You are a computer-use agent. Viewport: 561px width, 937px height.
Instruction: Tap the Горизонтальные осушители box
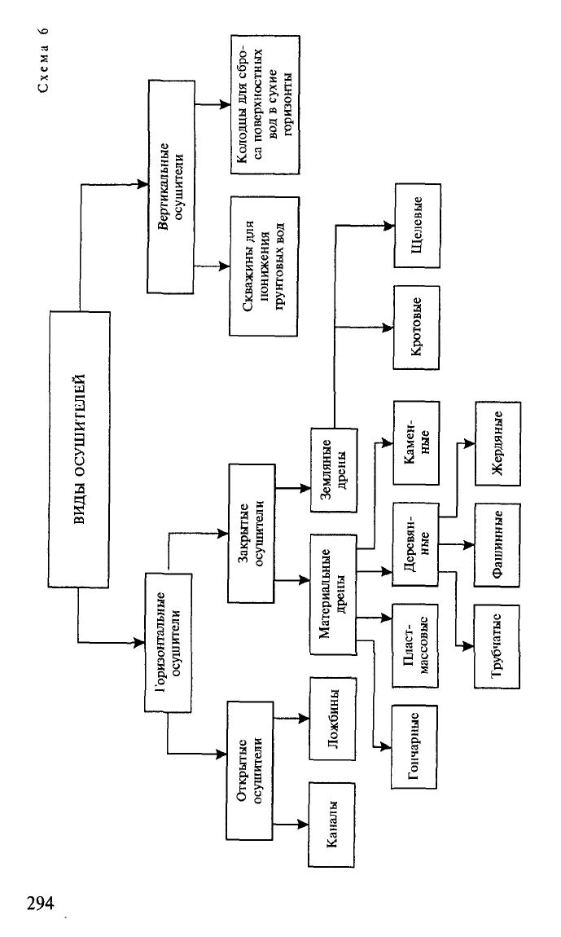[169, 642]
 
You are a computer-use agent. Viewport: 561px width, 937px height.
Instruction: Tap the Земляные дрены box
[333, 469]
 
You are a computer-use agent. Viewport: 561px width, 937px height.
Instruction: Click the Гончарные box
[414, 746]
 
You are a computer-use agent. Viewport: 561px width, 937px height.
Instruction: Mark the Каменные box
[416, 442]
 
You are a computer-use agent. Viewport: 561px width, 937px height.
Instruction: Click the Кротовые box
[416, 327]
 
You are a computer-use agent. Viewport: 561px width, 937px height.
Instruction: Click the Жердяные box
[497, 442]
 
